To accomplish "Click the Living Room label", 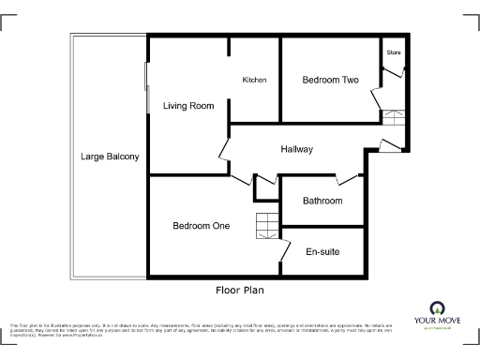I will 188,106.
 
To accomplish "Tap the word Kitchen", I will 254,81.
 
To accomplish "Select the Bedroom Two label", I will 330,81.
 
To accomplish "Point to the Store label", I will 393,52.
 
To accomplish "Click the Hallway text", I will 296,150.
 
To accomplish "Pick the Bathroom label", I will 322,202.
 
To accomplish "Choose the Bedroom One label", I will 201,226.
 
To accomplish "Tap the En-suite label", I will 322,251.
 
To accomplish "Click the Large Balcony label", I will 110,157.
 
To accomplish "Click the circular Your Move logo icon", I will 436,308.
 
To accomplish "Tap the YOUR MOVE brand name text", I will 436,322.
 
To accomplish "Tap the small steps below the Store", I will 392,117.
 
